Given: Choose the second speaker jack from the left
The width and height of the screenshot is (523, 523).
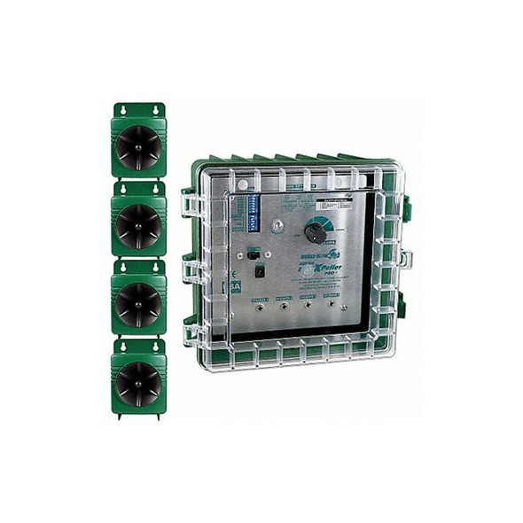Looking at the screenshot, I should (283, 306).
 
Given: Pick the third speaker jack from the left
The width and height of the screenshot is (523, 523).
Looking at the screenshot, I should (308, 306).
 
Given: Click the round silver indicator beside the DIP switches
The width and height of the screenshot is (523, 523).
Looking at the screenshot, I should (277, 225).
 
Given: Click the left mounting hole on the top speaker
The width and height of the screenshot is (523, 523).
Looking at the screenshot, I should (127, 110).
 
